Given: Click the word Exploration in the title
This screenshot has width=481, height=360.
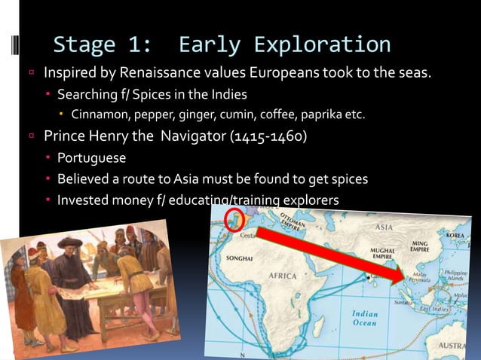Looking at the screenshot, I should [x=323, y=44].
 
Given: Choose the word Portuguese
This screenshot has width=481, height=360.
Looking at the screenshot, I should [x=92, y=159].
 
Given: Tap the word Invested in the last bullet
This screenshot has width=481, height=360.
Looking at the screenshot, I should [x=84, y=200].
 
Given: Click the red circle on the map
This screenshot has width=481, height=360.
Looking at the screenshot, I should [x=237, y=219].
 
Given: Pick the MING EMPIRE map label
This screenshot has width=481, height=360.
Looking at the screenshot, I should [x=419, y=247].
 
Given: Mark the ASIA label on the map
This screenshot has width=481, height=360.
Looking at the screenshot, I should [x=384, y=226].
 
